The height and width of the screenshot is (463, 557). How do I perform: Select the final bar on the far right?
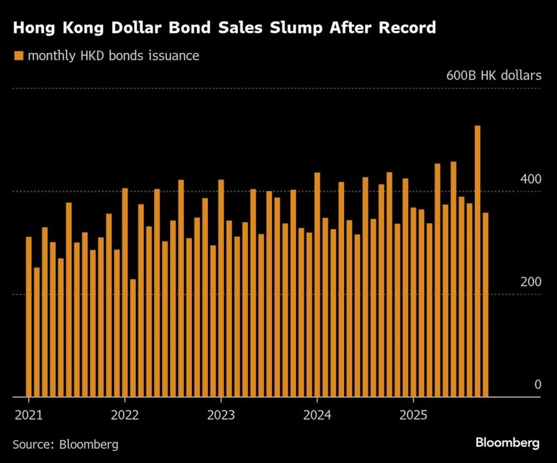click(485, 304)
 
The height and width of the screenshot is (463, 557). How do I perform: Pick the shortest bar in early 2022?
click(133, 337)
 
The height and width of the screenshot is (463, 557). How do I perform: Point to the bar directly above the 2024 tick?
click(317, 284)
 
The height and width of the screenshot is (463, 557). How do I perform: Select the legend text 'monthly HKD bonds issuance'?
click(113, 56)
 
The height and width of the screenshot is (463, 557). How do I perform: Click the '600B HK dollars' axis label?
click(494, 76)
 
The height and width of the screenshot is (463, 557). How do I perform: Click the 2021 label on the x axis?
click(28, 414)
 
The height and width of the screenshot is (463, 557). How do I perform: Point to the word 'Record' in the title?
click(405, 28)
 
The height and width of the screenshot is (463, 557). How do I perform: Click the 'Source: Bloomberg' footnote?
click(65, 444)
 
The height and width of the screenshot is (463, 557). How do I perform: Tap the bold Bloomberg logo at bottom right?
click(508, 444)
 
